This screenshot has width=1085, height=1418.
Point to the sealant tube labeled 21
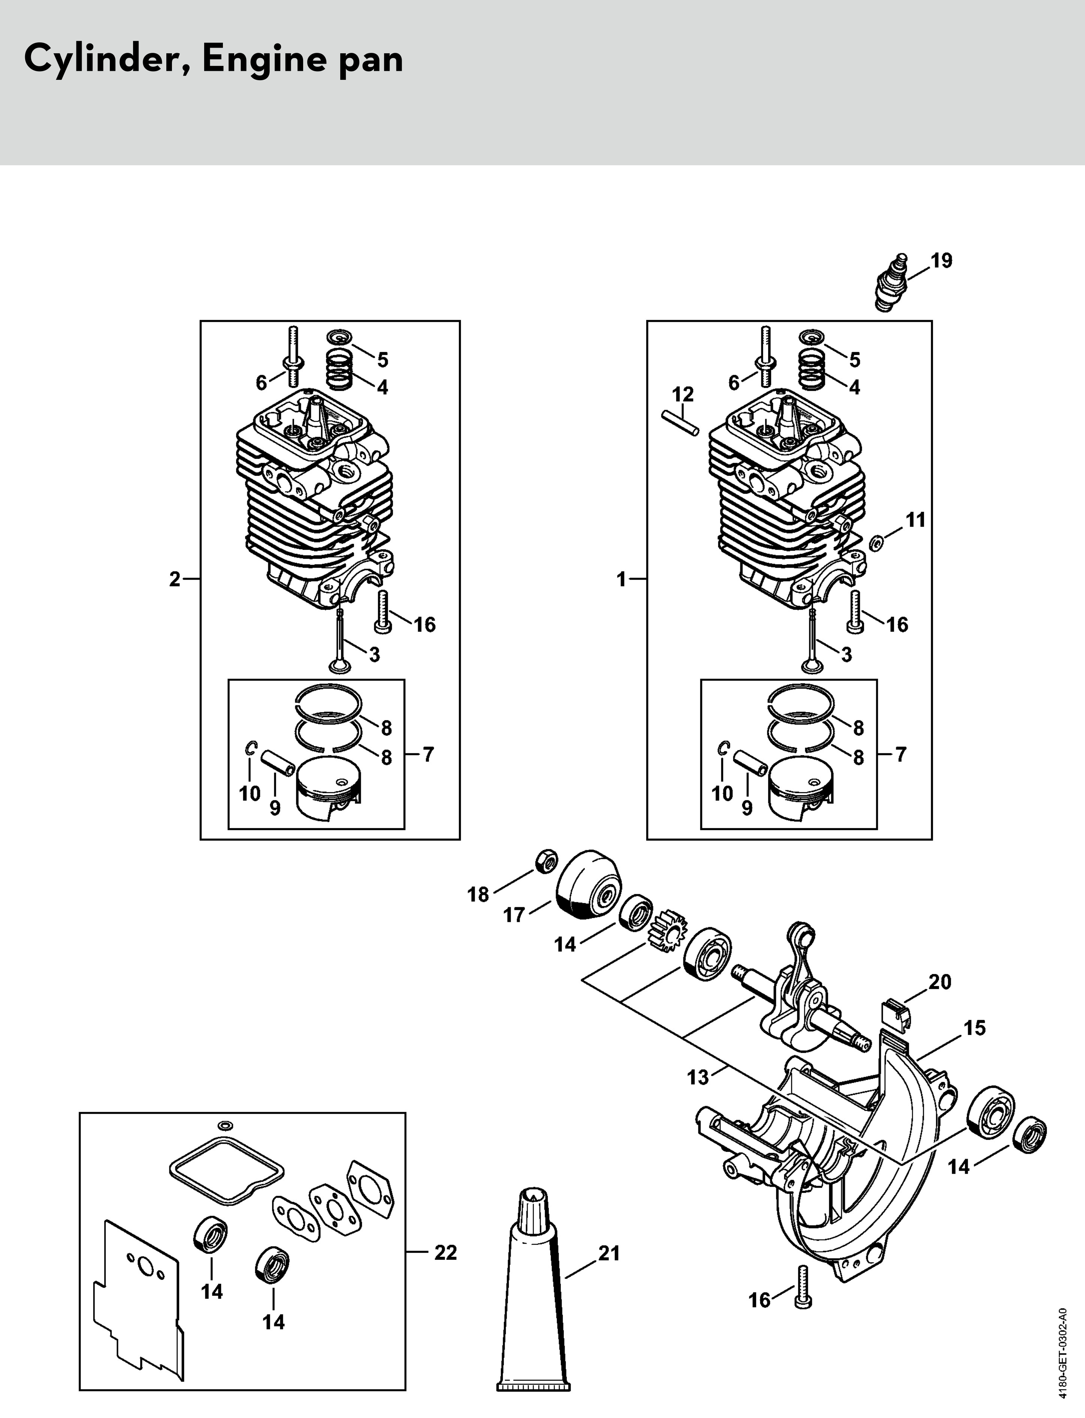pos(534,1286)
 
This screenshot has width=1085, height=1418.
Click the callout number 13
pos(698,1077)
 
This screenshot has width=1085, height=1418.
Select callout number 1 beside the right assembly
pos(621,579)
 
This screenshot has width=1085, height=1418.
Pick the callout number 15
pos(974,1028)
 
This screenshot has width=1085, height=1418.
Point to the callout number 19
pos(941,260)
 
